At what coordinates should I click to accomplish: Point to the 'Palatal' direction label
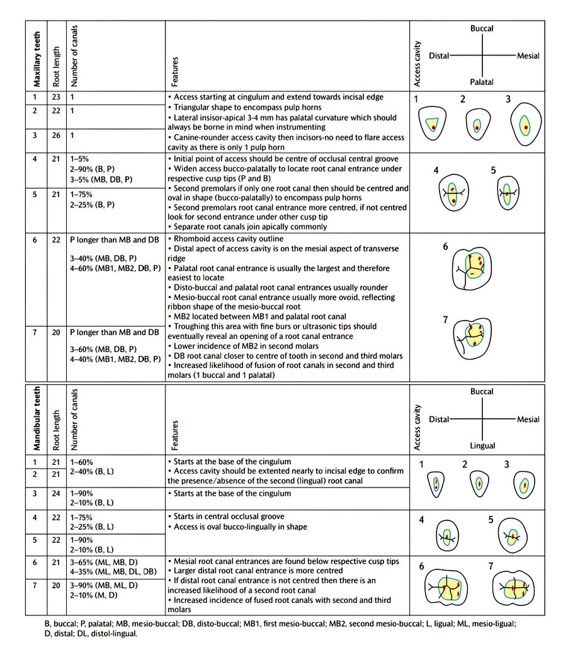click(x=482, y=82)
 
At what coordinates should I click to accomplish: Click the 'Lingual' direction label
click(x=482, y=445)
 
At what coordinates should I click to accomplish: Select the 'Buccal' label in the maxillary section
click(x=482, y=29)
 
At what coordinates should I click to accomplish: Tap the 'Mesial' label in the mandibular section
click(x=528, y=420)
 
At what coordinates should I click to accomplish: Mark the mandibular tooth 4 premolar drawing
click(x=446, y=538)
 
